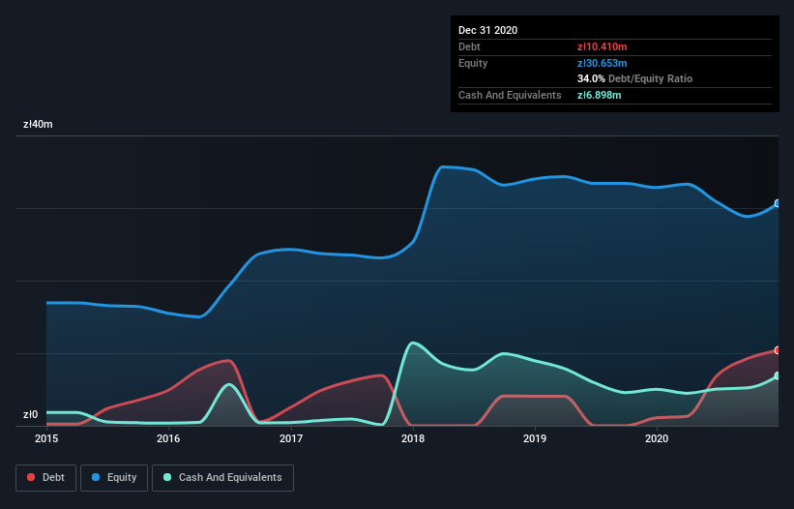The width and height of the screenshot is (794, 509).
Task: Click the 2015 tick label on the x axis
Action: [46, 439]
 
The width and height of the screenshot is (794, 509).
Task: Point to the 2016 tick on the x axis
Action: [168, 439]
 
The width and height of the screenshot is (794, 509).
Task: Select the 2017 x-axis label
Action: [291, 439]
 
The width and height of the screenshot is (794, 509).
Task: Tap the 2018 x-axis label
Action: [413, 439]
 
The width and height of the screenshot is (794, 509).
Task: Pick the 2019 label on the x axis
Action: [535, 439]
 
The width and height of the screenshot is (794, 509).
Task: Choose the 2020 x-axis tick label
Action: [657, 439]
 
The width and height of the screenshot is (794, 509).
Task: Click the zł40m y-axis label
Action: [38, 125]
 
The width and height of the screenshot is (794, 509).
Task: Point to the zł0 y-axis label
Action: [30, 415]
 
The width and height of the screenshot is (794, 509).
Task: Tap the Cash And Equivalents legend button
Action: [222, 477]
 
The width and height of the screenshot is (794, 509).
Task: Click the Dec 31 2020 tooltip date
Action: [487, 30]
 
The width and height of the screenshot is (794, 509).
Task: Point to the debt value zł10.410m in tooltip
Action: [603, 46]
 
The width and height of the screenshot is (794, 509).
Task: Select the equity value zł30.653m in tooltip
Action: [603, 63]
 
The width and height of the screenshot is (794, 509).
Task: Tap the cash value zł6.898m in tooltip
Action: [601, 95]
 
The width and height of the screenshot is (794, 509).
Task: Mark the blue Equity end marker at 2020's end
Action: [778, 203]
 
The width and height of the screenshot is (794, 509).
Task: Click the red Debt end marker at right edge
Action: [778, 350]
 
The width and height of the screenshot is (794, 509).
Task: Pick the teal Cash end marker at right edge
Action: [778, 375]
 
